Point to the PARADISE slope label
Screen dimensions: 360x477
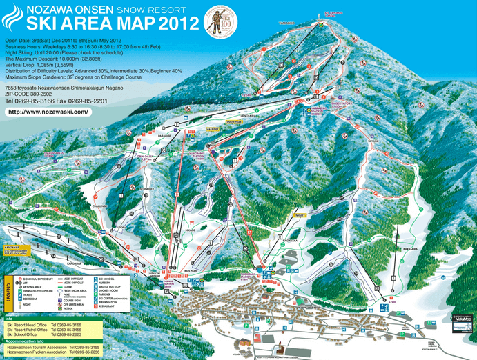click(164, 136)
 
